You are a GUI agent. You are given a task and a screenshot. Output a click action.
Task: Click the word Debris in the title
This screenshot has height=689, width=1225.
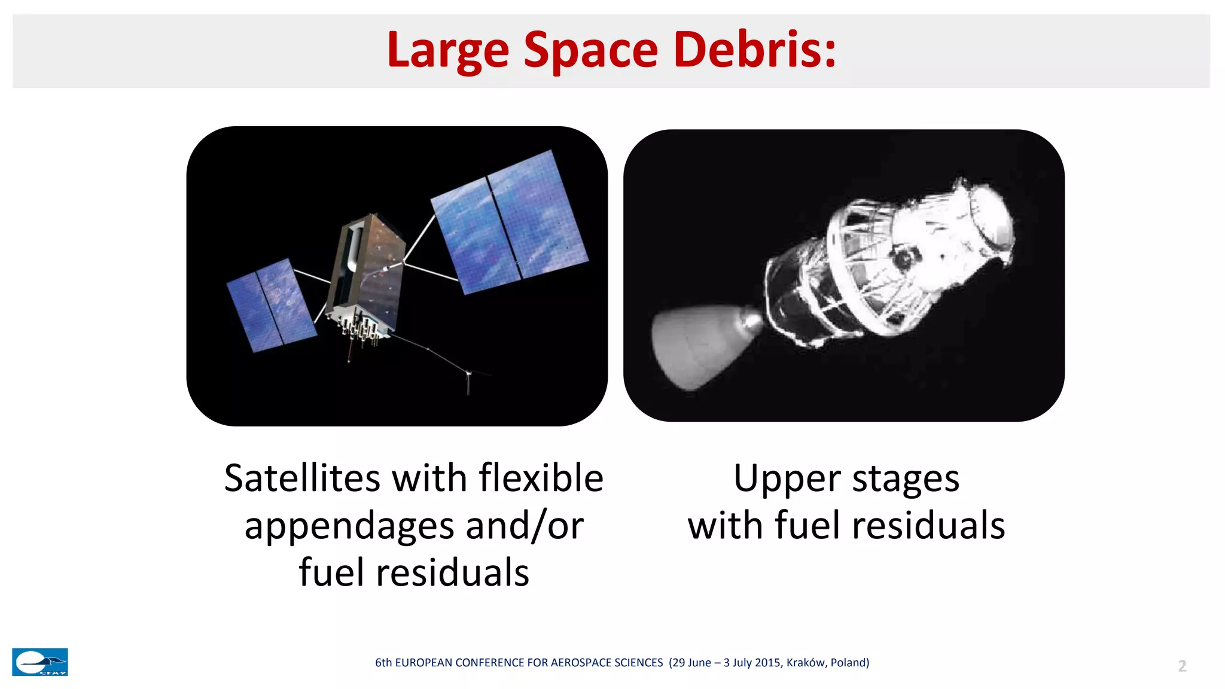tap(754, 50)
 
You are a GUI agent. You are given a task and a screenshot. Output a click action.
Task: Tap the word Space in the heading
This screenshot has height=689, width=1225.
tap(590, 51)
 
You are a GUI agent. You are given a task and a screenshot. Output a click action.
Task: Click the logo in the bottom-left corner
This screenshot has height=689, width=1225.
tap(40, 662)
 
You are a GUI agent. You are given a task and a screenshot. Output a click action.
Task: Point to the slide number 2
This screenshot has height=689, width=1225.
tap(1182, 666)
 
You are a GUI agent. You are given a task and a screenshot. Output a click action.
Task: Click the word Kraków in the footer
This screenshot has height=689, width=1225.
tap(806, 663)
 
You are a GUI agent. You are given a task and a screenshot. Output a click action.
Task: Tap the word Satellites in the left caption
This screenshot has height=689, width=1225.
tap(302, 478)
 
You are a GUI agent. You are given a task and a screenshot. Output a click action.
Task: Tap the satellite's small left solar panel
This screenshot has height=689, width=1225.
tap(270, 305)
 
